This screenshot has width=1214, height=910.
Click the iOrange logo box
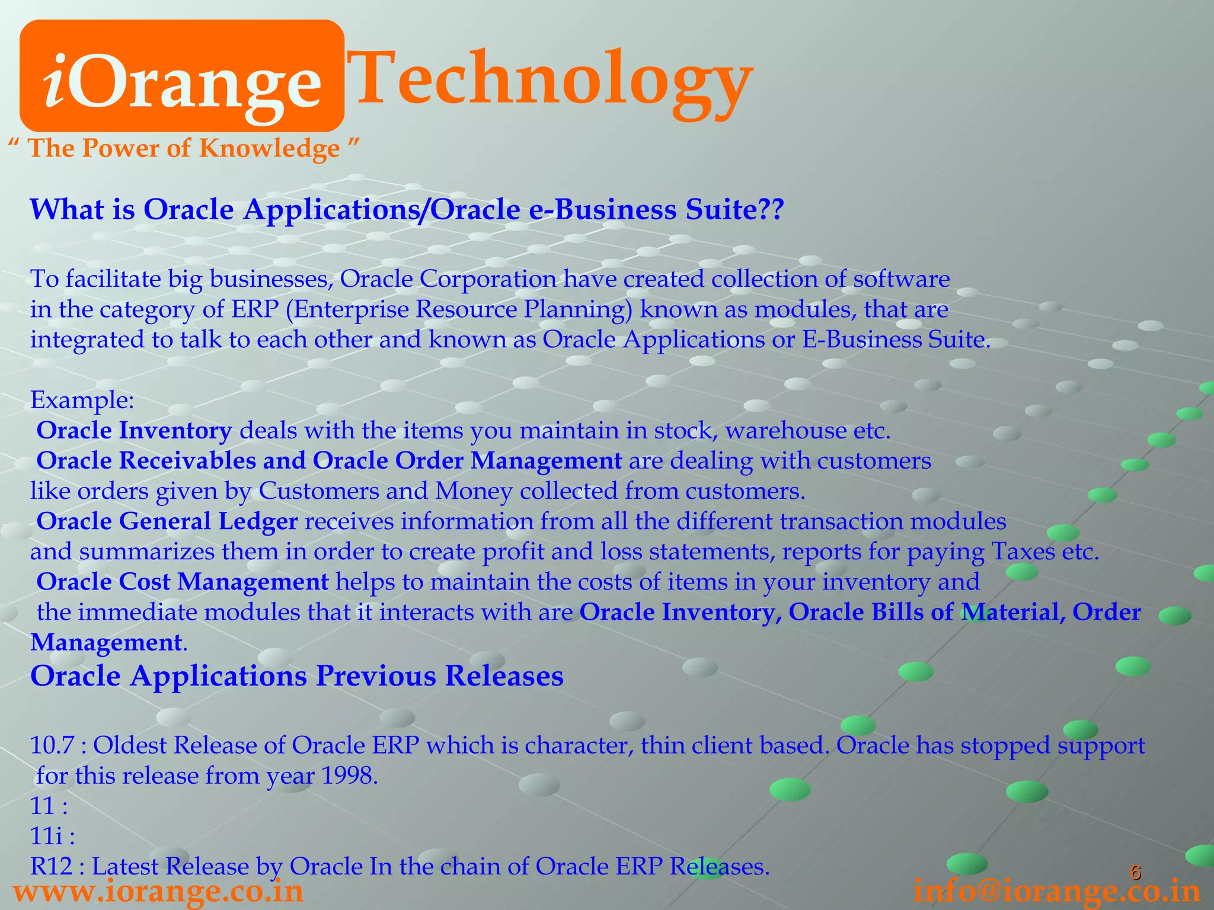(181, 76)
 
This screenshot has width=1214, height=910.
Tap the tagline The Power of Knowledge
(184, 148)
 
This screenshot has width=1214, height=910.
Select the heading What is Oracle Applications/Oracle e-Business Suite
(407, 209)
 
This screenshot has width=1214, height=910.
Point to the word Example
(82, 400)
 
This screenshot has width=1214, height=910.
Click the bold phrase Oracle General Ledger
(167, 521)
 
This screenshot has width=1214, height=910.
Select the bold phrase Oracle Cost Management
(182, 582)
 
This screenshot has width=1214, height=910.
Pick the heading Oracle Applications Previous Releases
(296, 676)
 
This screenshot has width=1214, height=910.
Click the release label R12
(51, 867)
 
